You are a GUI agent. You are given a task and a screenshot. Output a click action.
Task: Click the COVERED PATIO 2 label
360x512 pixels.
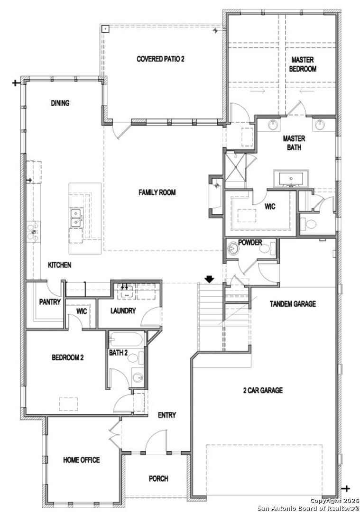[x=160, y=59]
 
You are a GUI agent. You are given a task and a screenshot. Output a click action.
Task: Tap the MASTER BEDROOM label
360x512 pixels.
[x=303, y=64]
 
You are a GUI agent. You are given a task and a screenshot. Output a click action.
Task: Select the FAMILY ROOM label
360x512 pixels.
[x=157, y=192]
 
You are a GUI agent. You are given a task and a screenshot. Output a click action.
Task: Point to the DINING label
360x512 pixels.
[x=60, y=103]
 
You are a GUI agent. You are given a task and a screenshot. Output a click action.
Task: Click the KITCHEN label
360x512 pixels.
[x=59, y=265]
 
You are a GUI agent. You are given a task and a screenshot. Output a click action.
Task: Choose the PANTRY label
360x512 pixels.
[x=50, y=302]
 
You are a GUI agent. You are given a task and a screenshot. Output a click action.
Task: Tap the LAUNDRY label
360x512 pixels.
[x=123, y=311]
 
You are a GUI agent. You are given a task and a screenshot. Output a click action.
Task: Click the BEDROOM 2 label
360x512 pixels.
[x=68, y=357]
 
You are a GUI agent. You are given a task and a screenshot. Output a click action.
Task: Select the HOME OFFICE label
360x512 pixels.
[x=81, y=460]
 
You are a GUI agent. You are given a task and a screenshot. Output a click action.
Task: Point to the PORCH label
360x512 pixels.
[x=158, y=479]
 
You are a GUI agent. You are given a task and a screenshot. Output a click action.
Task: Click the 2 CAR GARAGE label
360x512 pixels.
[x=263, y=390]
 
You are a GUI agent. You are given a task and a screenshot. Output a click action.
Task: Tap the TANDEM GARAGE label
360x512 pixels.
[x=293, y=304]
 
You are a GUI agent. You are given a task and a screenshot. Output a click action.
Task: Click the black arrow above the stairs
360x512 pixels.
[x=209, y=279]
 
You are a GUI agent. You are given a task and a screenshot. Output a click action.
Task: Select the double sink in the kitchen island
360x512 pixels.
[x=77, y=218]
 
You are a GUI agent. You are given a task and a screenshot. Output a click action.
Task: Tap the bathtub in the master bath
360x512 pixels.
[x=291, y=179]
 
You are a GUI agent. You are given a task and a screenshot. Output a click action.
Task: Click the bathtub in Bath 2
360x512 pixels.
[x=126, y=339]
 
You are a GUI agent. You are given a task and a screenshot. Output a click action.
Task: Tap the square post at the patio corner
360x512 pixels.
[x=105, y=29]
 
